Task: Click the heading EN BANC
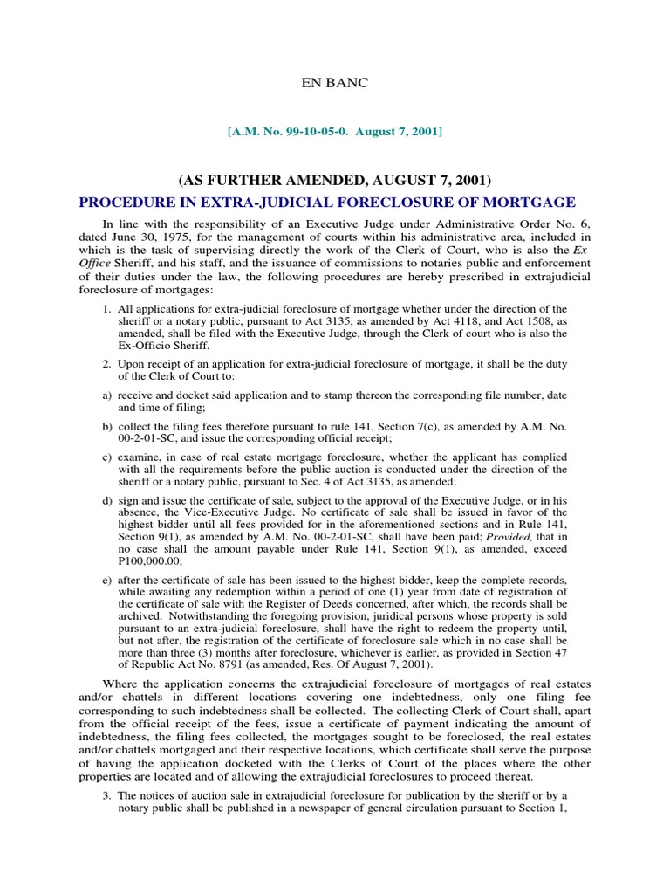pyautogui.click(x=335, y=83)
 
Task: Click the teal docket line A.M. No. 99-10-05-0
pyautogui.click(x=335, y=131)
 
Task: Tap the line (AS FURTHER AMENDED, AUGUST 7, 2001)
pyautogui.click(x=335, y=181)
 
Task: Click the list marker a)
pyautogui.click(x=106, y=395)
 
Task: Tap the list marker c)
pyautogui.click(x=106, y=457)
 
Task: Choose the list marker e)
pyautogui.click(x=106, y=581)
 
